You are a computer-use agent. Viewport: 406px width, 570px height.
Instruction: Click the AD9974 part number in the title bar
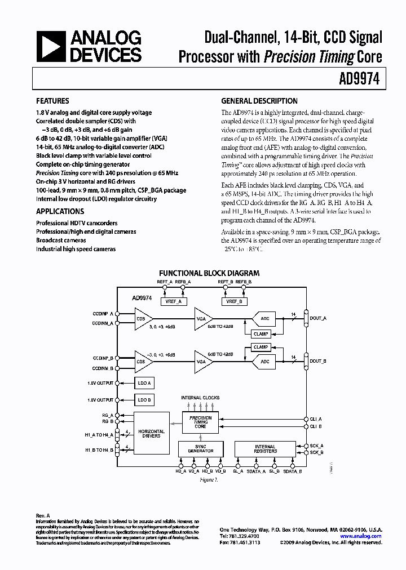click(x=363, y=80)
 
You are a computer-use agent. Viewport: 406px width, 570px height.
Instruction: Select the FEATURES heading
click(x=52, y=101)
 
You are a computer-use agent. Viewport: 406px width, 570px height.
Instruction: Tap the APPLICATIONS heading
click(x=60, y=211)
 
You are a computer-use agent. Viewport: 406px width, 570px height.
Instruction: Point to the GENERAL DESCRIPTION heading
click(x=259, y=101)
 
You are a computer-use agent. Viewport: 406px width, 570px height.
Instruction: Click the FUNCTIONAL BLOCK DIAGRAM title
click(x=209, y=272)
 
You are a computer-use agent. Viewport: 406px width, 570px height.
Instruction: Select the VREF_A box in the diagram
click(x=173, y=301)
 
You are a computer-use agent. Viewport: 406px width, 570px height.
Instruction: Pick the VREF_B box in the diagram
click(x=235, y=301)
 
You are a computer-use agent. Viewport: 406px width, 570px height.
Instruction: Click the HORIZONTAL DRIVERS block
click(x=151, y=434)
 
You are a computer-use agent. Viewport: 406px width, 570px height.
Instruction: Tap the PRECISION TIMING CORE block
click(x=201, y=422)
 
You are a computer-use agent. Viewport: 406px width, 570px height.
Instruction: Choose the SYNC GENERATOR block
click(x=201, y=448)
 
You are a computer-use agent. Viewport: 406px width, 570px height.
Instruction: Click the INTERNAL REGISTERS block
click(x=265, y=448)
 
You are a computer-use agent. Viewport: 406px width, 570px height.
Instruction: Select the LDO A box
click(x=144, y=383)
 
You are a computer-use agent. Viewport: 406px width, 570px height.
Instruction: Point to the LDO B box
click(x=144, y=400)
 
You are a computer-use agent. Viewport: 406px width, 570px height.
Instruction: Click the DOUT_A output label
click(x=319, y=318)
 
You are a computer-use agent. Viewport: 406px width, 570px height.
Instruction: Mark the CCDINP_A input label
click(x=103, y=313)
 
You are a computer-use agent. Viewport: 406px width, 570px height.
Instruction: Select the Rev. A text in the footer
click(x=43, y=515)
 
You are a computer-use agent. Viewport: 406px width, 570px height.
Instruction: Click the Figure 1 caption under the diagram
click(x=209, y=479)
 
